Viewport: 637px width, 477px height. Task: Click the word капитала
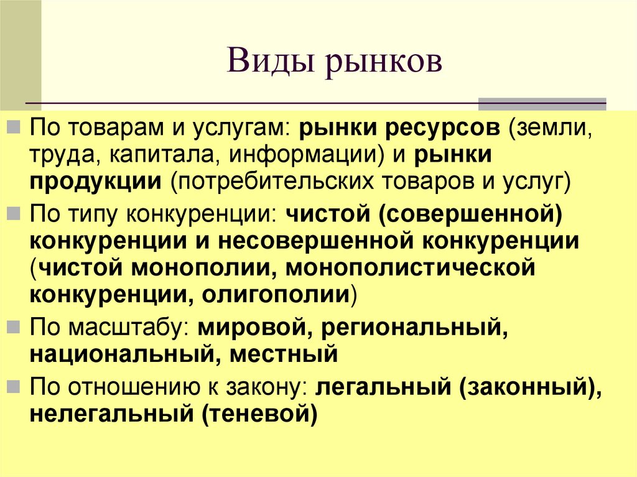(152, 155)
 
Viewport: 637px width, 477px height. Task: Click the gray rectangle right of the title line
(541, 104)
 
